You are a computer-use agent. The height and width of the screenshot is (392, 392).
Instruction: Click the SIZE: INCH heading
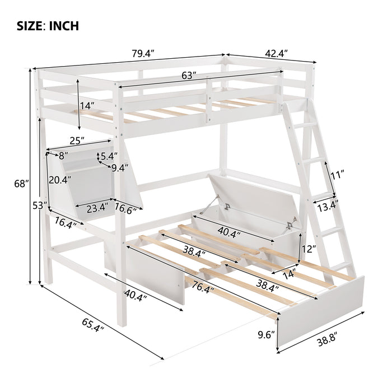coord(48,26)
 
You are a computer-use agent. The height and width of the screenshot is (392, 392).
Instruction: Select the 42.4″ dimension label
coord(277,53)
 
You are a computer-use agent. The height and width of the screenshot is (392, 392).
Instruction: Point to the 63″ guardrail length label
coord(189,75)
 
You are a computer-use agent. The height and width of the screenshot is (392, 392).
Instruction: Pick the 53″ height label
coord(40,206)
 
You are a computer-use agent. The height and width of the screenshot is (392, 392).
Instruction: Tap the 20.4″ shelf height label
coord(60,180)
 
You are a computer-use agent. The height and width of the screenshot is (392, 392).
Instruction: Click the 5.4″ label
coord(109,156)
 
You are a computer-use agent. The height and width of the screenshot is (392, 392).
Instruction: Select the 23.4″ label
coord(98,208)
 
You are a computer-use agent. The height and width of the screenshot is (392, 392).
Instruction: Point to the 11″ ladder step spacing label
coord(337,175)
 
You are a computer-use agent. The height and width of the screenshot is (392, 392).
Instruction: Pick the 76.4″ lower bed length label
coord(202,285)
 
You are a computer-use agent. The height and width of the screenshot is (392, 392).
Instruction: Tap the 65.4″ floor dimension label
coord(93,325)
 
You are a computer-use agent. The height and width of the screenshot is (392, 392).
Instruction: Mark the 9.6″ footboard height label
coord(266,335)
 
